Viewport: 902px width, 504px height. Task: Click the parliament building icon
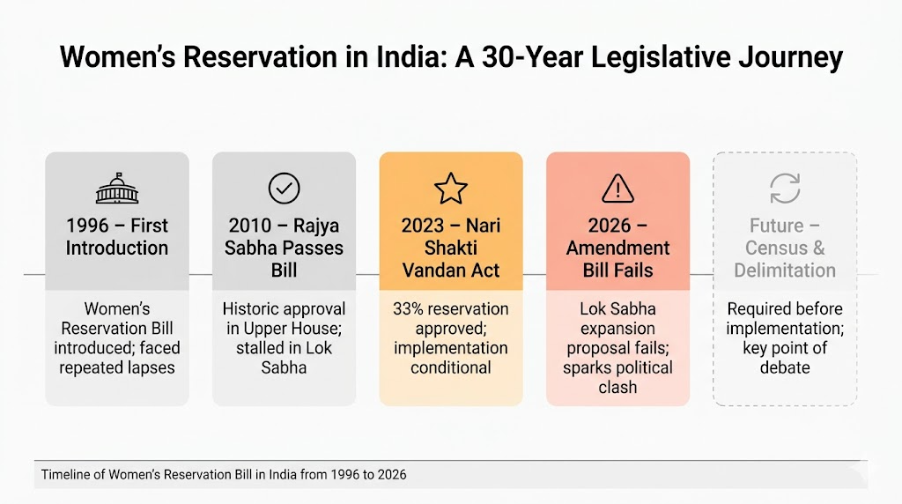(x=116, y=188)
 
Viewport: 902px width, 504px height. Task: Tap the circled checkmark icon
(x=284, y=188)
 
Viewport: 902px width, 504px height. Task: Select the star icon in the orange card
(x=450, y=188)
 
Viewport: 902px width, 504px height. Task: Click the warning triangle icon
(x=617, y=188)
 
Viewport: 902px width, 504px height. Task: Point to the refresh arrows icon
(x=785, y=188)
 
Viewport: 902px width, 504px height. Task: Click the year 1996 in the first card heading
(x=86, y=226)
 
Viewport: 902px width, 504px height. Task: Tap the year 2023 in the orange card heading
(x=423, y=226)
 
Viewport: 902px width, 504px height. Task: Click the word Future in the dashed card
(x=776, y=226)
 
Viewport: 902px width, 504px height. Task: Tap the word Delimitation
(x=785, y=270)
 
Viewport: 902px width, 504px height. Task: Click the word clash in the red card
(x=617, y=387)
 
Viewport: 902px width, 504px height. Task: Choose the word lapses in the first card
(x=150, y=367)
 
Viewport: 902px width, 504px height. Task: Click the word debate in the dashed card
(x=785, y=367)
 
